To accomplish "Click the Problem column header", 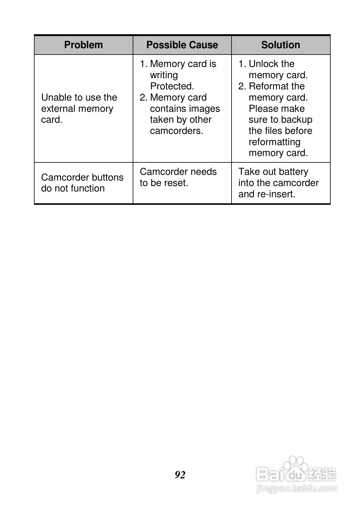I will [x=83, y=45].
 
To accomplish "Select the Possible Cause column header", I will [x=182, y=45].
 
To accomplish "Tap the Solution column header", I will [x=281, y=45].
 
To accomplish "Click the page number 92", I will [x=180, y=474].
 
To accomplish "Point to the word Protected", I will [x=172, y=86].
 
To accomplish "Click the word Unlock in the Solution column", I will [x=263, y=64].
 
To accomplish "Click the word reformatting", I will [x=275, y=142].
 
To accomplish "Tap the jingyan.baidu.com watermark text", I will [x=296, y=488].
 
